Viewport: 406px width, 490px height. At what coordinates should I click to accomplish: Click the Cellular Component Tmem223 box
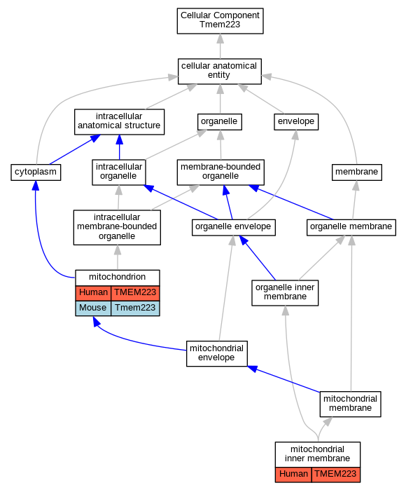click(x=220, y=21)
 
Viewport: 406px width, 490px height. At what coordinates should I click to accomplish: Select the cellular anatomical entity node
click(x=219, y=72)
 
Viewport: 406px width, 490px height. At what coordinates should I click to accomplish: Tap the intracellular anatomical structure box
click(x=119, y=122)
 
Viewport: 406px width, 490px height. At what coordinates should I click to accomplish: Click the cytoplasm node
click(x=36, y=172)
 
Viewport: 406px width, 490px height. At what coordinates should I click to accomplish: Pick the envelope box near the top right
click(x=296, y=122)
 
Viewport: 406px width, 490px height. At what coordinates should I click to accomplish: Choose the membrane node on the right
click(x=357, y=172)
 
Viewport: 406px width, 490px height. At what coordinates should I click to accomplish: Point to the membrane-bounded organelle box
click(x=220, y=172)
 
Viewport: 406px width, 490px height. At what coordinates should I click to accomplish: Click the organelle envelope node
click(x=233, y=228)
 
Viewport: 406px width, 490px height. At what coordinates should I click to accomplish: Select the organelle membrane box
click(x=351, y=228)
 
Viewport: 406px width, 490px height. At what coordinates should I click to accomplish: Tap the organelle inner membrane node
click(x=285, y=293)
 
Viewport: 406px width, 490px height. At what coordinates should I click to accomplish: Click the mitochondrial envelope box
click(x=216, y=353)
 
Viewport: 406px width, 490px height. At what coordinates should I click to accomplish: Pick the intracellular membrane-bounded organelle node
click(x=117, y=227)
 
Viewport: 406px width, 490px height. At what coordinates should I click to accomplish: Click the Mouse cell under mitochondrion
click(x=93, y=308)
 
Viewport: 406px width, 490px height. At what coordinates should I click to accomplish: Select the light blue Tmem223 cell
click(x=135, y=308)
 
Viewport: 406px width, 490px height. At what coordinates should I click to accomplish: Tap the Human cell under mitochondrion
click(x=93, y=293)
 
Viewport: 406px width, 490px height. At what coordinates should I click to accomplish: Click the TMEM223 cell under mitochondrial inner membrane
click(x=336, y=475)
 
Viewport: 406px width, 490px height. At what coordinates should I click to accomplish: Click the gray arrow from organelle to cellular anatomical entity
click(x=220, y=99)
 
